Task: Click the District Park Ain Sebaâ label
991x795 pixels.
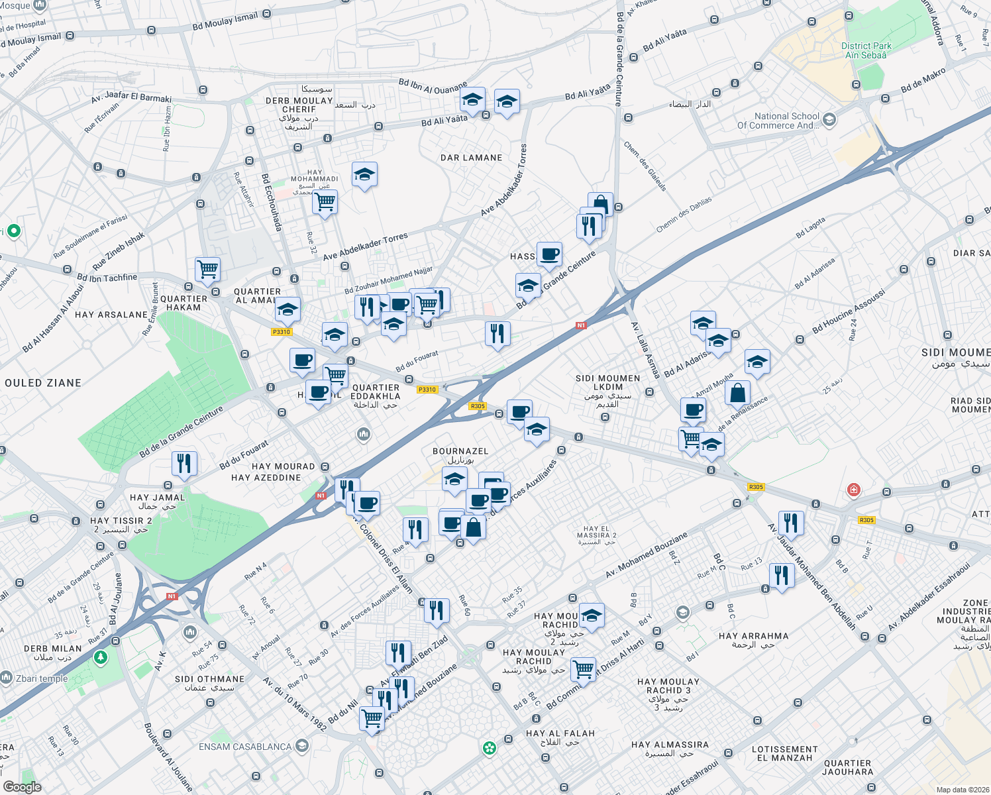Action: click(x=866, y=50)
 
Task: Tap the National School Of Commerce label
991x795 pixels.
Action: click(x=778, y=121)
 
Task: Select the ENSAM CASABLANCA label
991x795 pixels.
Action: click(x=245, y=747)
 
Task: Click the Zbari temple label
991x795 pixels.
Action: click(x=41, y=678)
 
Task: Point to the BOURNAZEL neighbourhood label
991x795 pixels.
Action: click(x=460, y=451)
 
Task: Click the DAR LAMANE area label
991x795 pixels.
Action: click(x=472, y=158)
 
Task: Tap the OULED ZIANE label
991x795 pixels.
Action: click(x=43, y=383)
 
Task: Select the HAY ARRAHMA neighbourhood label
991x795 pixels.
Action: click(x=753, y=636)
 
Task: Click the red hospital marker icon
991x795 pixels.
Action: click(x=853, y=490)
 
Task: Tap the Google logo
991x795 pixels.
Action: click(x=22, y=786)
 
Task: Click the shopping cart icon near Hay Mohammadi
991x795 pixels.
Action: click(x=325, y=201)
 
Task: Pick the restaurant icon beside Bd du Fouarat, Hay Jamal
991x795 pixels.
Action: click(x=184, y=462)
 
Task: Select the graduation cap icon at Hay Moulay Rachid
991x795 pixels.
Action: click(x=592, y=615)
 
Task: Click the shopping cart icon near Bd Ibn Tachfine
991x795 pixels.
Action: click(x=208, y=269)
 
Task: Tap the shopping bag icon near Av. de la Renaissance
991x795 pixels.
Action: click(x=737, y=392)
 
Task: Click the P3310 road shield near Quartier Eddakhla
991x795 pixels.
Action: click(x=427, y=390)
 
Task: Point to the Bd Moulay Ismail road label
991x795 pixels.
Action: click(x=225, y=22)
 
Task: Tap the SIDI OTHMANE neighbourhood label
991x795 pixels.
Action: click(x=209, y=679)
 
